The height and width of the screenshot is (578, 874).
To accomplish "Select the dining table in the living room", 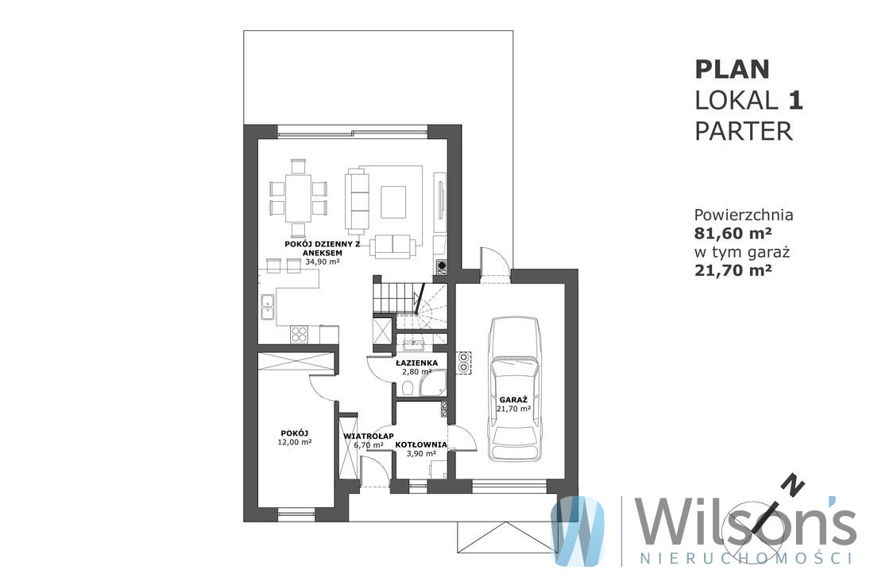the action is pyautogui.click(x=298, y=198).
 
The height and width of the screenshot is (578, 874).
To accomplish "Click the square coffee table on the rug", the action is pyautogui.click(x=393, y=202).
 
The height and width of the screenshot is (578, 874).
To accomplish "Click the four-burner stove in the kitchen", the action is pyautogui.click(x=299, y=334).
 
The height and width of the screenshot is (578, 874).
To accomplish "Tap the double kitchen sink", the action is pyautogui.click(x=268, y=306).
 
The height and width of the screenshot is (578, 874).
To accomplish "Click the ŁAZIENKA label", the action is pyautogui.click(x=416, y=363).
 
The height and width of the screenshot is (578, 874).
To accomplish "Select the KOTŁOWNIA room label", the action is pyautogui.click(x=421, y=444).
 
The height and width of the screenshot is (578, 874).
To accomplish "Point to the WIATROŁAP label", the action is pyautogui.click(x=369, y=436).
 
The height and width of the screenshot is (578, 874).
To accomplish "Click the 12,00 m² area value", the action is pyautogui.click(x=294, y=442).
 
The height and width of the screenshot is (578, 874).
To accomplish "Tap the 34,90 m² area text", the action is pyautogui.click(x=323, y=261).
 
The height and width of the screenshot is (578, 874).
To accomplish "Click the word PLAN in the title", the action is pyautogui.click(x=732, y=70).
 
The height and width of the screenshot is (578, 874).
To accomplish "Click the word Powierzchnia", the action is pyautogui.click(x=744, y=214).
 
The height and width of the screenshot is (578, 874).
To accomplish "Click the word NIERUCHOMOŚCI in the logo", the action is pyautogui.click(x=746, y=558).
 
